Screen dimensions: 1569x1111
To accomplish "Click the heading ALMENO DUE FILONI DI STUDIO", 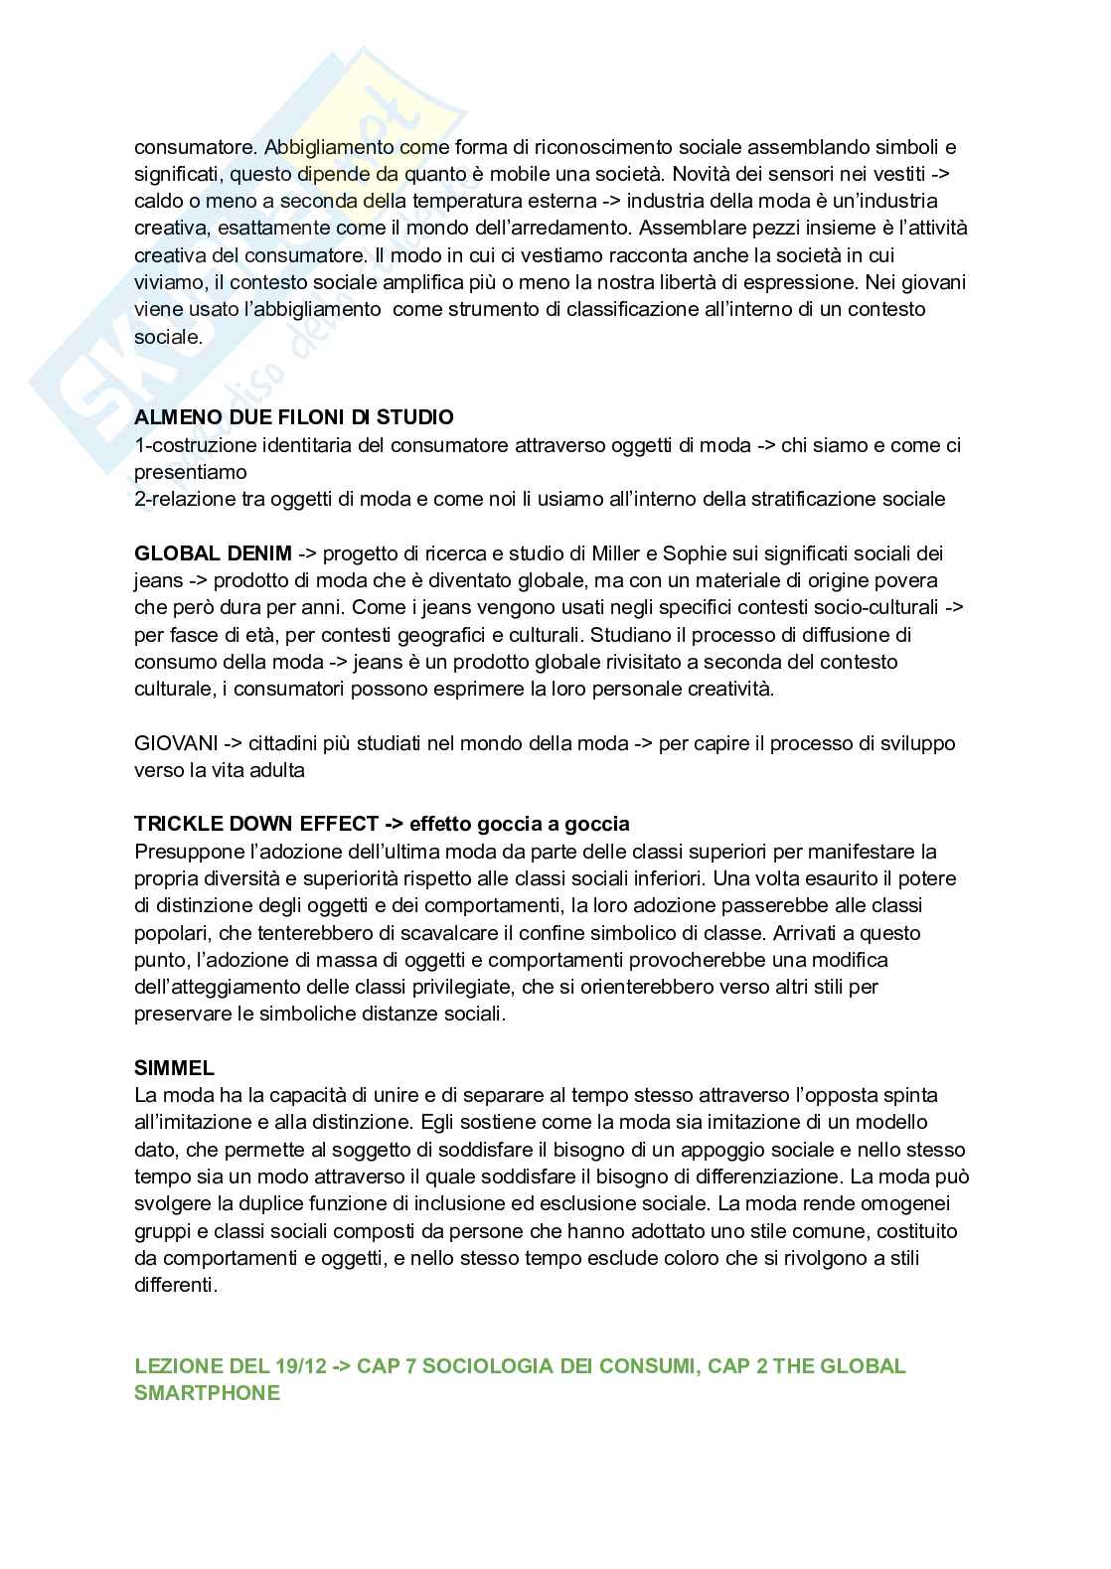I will [293, 417].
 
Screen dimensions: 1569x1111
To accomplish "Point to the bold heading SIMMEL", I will [174, 1069].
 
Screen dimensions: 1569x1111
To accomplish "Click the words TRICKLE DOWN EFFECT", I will [255, 824].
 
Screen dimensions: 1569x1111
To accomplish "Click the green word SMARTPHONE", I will [207, 1393].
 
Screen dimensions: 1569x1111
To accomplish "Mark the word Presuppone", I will [185, 852].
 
